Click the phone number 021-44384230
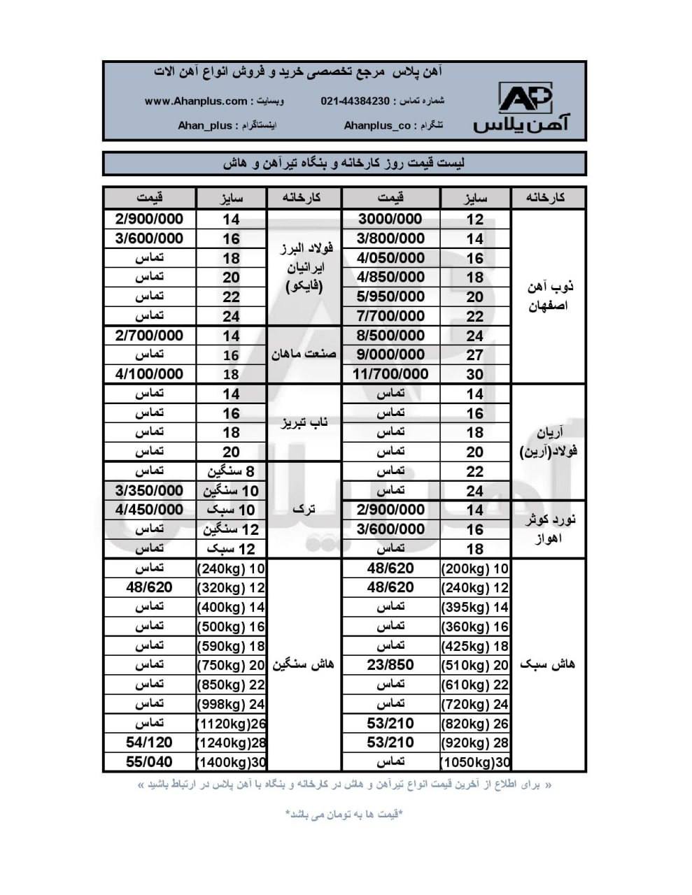point(355,101)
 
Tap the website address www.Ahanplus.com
point(196,101)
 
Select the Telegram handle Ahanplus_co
point(377,126)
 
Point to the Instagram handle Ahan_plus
point(204,126)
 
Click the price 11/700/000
point(390,374)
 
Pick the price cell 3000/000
point(390,219)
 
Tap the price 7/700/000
point(390,315)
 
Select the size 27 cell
point(475,355)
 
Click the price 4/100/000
point(149,374)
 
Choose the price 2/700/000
point(149,336)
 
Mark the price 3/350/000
point(149,490)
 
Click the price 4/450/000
point(149,510)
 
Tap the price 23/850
point(390,665)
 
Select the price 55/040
point(149,761)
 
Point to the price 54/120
point(149,743)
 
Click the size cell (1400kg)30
point(232,762)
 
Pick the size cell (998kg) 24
point(232,704)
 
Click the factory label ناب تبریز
point(304,423)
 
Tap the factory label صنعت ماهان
point(304,355)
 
